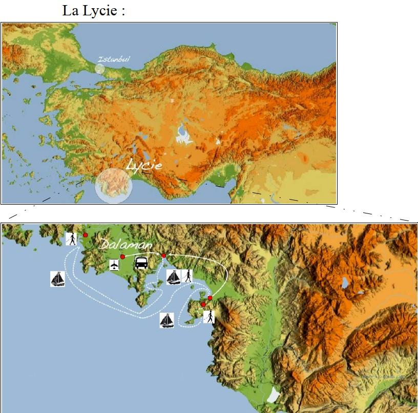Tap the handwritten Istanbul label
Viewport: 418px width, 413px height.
tap(113, 59)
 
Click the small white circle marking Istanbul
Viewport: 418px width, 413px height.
tap(100, 69)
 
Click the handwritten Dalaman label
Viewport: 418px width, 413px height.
tap(126, 246)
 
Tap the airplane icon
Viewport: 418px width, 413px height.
tap(114, 265)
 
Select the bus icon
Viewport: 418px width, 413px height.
tap(142, 263)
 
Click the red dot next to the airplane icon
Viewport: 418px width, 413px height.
tap(122, 256)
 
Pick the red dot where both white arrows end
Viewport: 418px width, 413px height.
tap(163, 255)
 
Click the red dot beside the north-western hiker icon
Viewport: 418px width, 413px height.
tap(85, 235)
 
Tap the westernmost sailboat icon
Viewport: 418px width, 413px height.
tap(57, 279)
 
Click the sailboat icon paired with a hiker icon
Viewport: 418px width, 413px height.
tap(174, 276)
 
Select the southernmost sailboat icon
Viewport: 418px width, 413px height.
tap(166, 320)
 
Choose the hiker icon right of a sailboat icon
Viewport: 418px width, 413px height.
tap(187, 276)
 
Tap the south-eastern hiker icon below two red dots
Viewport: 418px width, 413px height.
tap(208, 316)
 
